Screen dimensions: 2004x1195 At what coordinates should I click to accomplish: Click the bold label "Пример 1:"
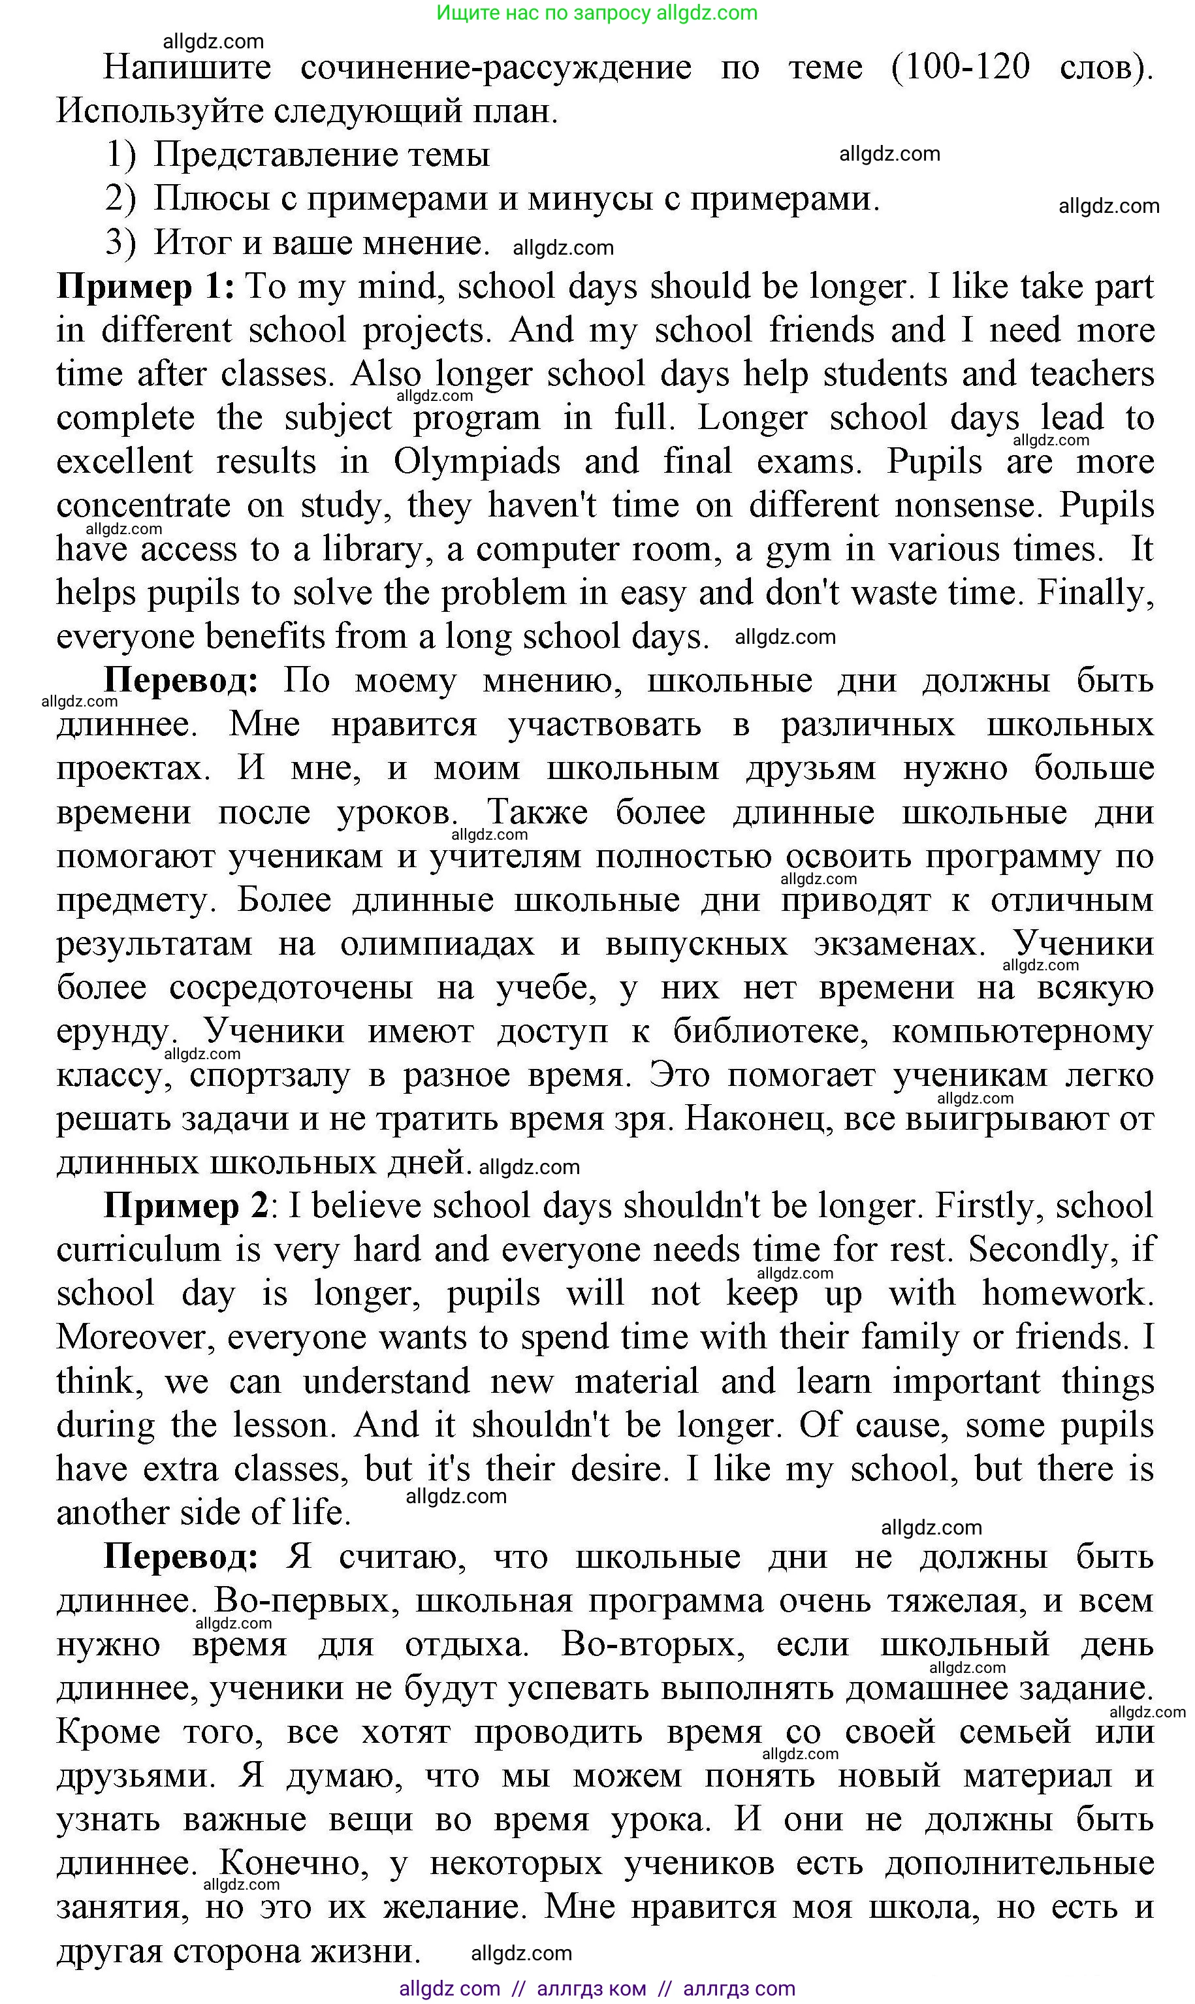[145, 287]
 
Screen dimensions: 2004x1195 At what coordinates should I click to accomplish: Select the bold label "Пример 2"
[185, 1206]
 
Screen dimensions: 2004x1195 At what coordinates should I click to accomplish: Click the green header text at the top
[597, 13]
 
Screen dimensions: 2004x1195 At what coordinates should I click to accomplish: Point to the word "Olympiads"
[476, 462]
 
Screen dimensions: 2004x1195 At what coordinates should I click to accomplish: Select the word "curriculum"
[138, 1250]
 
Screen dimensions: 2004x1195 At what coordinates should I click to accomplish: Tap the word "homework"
[1066, 1294]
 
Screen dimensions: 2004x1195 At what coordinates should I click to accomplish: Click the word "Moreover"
[135, 1337]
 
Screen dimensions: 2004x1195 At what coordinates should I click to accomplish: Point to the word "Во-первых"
[307, 1601]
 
